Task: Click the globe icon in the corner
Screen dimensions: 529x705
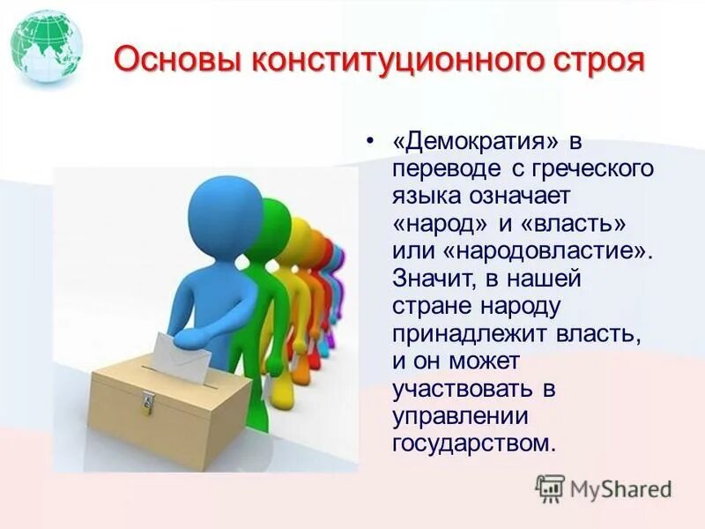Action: pyautogui.click(x=47, y=47)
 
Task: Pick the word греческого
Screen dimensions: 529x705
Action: pyautogui.click(x=598, y=168)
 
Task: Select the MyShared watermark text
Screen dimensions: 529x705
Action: pyautogui.click(x=620, y=489)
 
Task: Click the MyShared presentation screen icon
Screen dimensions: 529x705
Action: pyautogui.click(x=550, y=488)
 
